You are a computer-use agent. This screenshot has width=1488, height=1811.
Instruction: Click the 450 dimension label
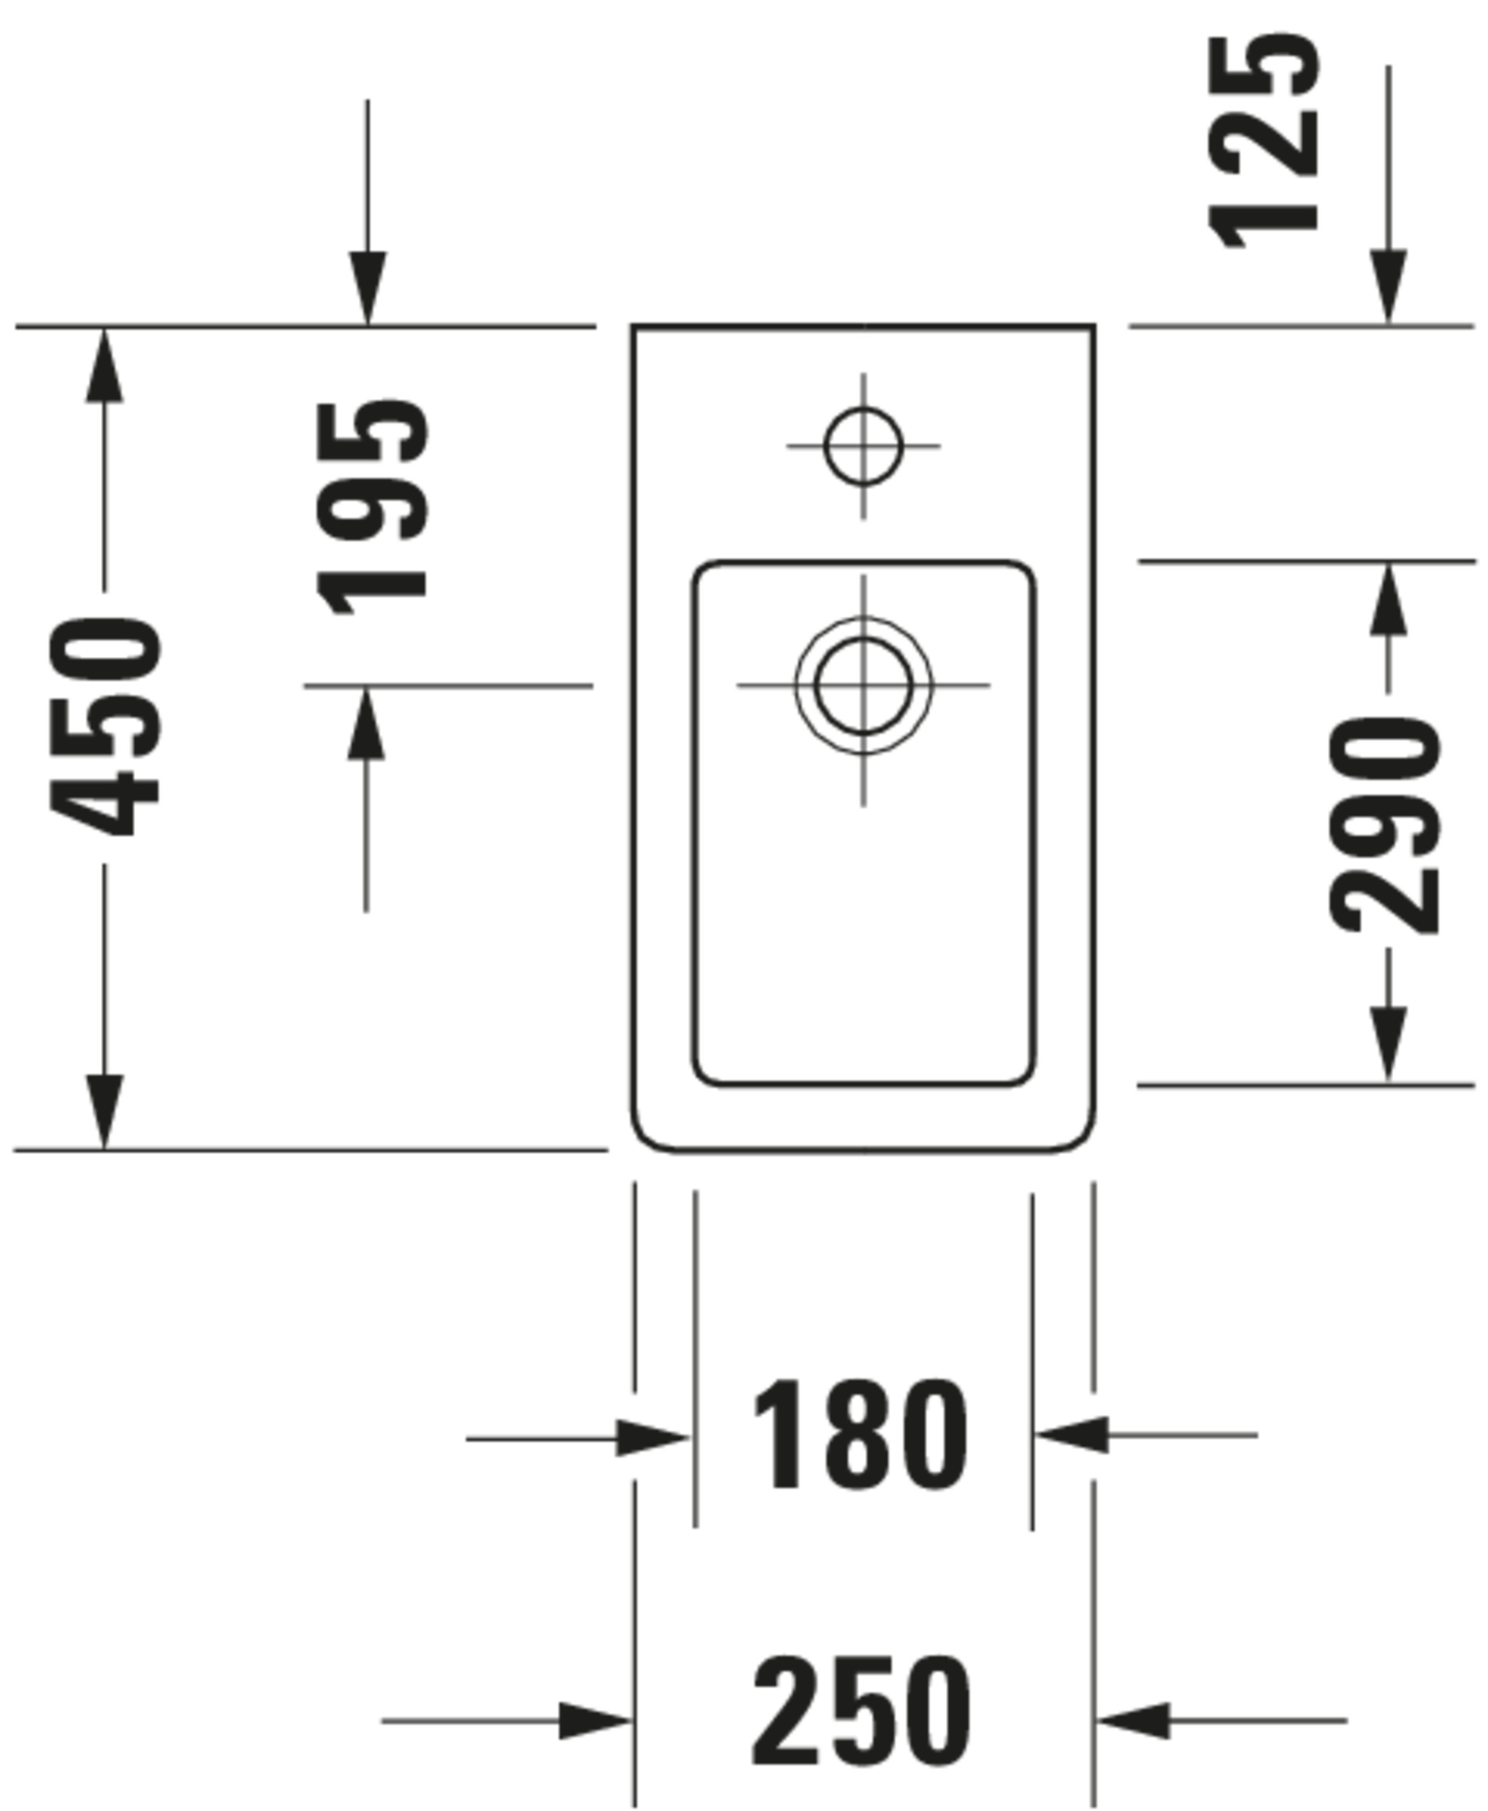[104, 726]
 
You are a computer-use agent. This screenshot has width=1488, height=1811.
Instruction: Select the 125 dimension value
[1263, 141]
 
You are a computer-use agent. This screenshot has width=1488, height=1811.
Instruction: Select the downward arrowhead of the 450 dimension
[104, 1111]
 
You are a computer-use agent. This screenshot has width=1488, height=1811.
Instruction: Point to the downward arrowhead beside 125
[1388, 288]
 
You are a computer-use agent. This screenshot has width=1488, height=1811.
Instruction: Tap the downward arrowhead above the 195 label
[368, 289]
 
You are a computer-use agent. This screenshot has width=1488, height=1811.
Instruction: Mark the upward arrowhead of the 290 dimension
[1388, 600]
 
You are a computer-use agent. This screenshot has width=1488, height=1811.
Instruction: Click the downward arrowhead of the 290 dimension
[1388, 1047]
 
